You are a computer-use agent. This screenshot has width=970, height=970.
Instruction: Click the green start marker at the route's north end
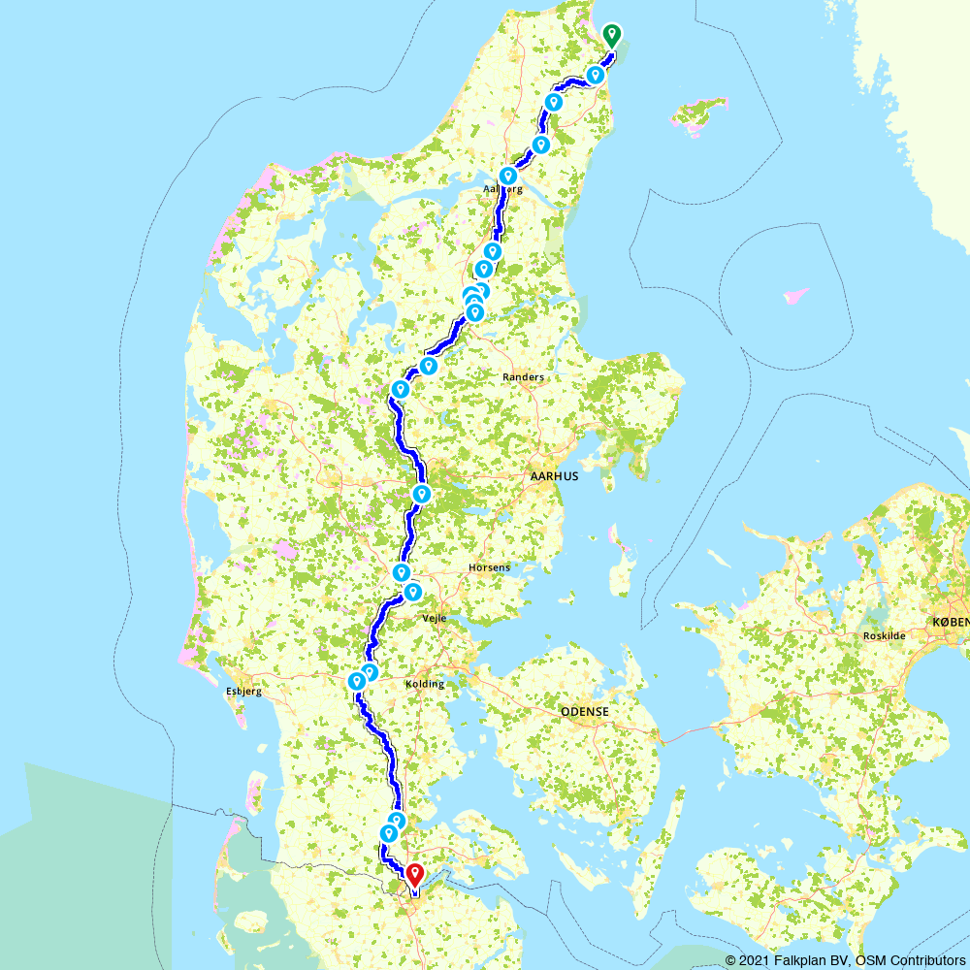pyautogui.click(x=611, y=35)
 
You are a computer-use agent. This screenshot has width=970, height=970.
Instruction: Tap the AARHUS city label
pyautogui.click(x=555, y=476)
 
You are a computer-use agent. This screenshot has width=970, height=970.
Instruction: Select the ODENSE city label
pyautogui.click(x=585, y=712)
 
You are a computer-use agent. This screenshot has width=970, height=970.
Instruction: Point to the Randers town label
pyautogui.click(x=524, y=377)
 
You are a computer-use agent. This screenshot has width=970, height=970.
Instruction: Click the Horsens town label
pyautogui.click(x=489, y=567)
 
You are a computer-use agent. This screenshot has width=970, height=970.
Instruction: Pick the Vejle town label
pyautogui.click(x=434, y=618)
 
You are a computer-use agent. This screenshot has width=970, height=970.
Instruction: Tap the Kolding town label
pyautogui.click(x=424, y=684)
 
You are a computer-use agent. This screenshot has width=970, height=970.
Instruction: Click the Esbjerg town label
pyautogui.click(x=243, y=692)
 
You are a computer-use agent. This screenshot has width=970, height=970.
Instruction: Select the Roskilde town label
pyautogui.click(x=884, y=636)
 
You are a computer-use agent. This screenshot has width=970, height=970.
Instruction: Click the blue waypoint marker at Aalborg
pyautogui.click(x=507, y=176)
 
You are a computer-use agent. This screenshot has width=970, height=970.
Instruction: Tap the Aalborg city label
pyautogui.click(x=502, y=190)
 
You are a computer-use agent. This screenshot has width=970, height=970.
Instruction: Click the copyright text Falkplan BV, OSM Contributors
pyautogui.click(x=845, y=959)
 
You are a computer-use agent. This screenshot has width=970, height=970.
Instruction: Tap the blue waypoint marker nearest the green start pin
pyautogui.click(x=596, y=75)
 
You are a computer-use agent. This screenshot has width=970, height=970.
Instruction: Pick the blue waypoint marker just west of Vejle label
pyautogui.click(x=412, y=591)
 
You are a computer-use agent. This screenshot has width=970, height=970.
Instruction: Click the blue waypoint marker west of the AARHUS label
pyautogui.click(x=422, y=494)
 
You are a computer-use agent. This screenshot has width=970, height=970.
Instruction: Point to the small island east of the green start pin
pyautogui.click(x=700, y=113)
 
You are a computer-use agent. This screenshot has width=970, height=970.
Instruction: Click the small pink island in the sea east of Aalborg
pyautogui.click(x=794, y=295)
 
